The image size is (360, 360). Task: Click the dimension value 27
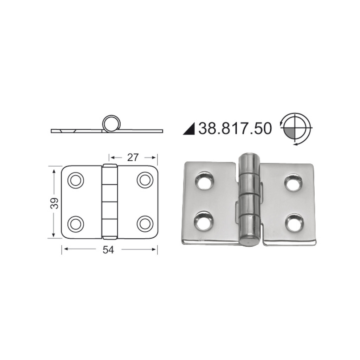pos(133,157)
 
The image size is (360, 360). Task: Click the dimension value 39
pos(54,203)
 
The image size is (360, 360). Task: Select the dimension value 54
pos(109,250)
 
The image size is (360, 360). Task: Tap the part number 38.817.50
pos(235,129)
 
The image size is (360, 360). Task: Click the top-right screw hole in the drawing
pos(144,180)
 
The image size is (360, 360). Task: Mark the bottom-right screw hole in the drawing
pos(144,224)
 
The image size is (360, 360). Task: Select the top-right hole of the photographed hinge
pos(294,183)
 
